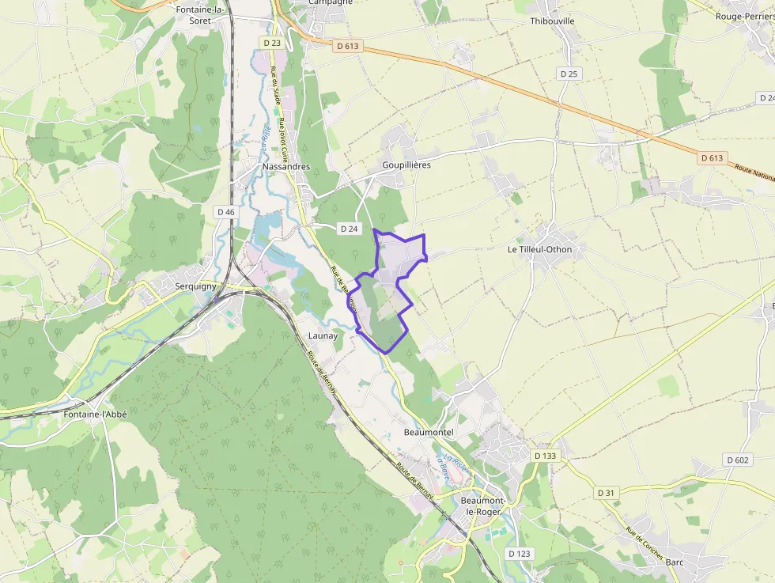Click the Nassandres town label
286,167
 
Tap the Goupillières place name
401,165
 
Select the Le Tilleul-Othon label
539,249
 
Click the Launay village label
323,335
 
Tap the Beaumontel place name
429,433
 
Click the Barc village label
675,562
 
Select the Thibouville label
553,21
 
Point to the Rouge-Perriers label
743,16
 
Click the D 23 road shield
272,43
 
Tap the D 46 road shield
225,212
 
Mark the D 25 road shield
569,74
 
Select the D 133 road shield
545,456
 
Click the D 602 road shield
737,460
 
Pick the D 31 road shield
606,492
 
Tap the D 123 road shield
518,553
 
